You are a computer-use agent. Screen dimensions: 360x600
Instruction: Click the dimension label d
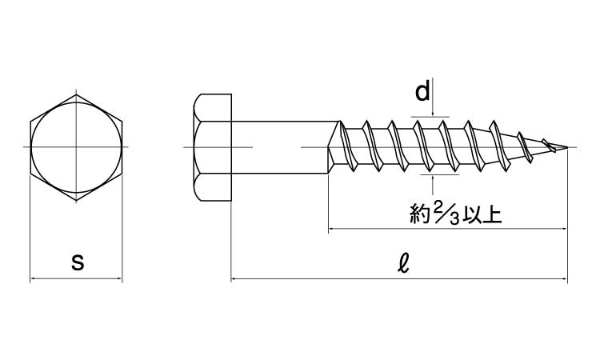click(x=422, y=93)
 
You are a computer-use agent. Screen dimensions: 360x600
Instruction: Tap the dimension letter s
click(x=78, y=262)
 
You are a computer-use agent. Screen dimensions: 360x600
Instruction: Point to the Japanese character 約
click(x=421, y=215)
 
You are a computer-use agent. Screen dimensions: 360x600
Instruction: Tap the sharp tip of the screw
click(x=572, y=147)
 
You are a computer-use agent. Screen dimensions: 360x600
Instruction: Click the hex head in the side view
click(x=212, y=147)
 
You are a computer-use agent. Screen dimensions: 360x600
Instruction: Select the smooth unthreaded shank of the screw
click(x=280, y=147)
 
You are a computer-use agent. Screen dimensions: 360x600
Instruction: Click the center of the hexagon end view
click(x=77, y=147)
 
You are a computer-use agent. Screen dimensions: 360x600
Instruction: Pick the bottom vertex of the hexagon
click(x=77, y=200)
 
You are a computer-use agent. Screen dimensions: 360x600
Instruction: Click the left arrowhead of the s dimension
click(x=34, y=279)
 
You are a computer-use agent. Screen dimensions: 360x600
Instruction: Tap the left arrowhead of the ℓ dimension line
click(x=236, y=280)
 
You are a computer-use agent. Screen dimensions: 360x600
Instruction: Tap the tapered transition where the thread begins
click(x=336, y=147)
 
